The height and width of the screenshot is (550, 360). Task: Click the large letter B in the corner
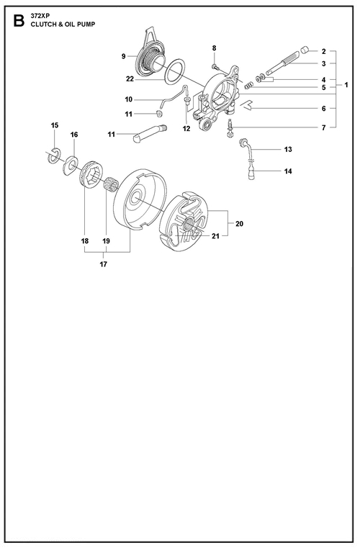click(18, 20)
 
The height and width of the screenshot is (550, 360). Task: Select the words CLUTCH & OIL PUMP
click(63, 24)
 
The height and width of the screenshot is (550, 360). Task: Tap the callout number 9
click(124, 56)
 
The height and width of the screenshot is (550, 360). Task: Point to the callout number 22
click(130, 79)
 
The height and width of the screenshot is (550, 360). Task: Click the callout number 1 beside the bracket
click(346, 85)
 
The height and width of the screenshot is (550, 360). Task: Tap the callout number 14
click(288, 171)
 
